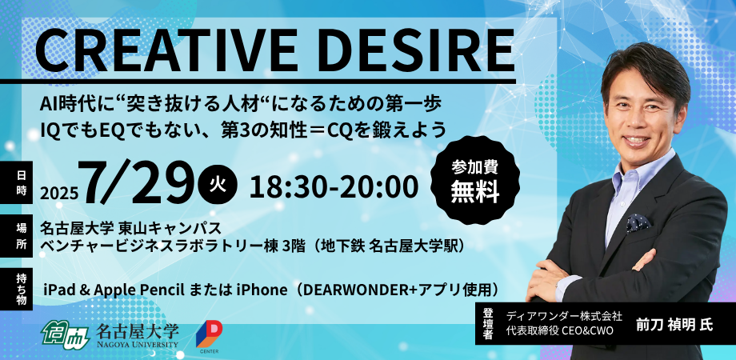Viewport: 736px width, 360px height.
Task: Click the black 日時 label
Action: click(22, 183)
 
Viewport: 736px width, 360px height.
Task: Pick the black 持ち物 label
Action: click(22, 288)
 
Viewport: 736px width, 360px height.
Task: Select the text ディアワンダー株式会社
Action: click(565, 315)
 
